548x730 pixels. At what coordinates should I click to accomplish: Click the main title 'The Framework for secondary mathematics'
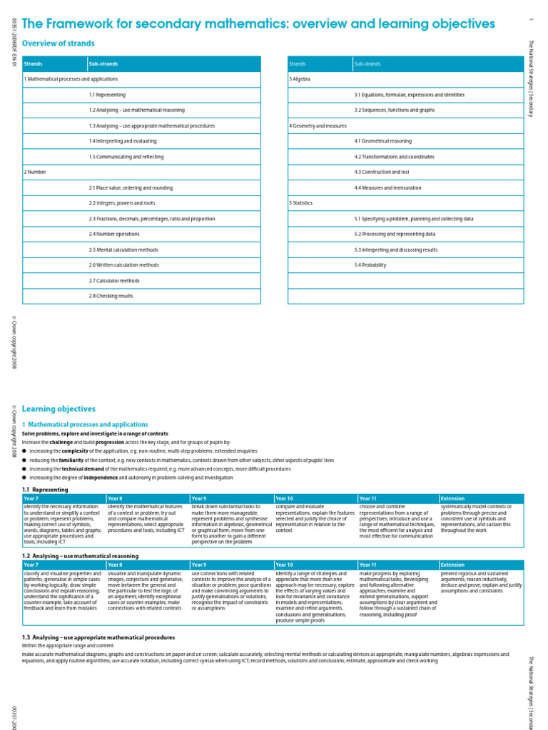[x=258, y=24]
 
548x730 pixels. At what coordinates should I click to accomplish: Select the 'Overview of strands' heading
[x=59, y=43]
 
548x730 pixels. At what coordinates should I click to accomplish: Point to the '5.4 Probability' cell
[x=370, y=265]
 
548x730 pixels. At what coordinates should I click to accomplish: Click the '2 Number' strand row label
[x=36, y=172]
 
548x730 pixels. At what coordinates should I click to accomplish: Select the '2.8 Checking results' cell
[x=111, y=296]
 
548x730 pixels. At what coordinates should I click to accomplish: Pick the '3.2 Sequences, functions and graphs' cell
[x=394, y=110]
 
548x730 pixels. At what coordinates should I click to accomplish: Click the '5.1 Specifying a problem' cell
[x=413, y=219]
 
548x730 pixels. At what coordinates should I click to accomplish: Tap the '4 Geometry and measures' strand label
[x=318, y=125]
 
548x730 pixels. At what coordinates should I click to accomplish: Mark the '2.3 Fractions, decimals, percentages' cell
[x=151, y=219]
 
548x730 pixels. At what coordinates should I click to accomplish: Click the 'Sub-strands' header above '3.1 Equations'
[x=367, y=64]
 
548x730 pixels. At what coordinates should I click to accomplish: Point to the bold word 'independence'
[x=93, y=478]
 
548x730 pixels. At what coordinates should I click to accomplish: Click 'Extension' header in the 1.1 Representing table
[x=452, y=498]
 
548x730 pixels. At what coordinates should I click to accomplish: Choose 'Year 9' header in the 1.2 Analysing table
[x=199, y=565]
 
